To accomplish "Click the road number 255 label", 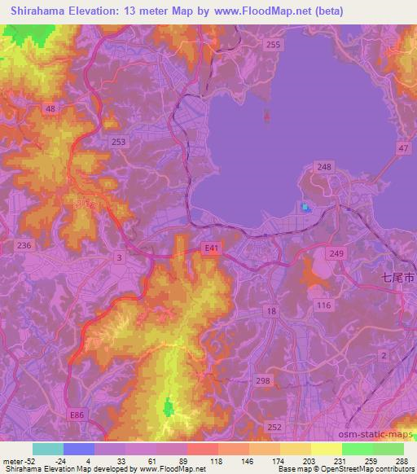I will point(274,44).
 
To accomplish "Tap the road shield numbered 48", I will point(50,108).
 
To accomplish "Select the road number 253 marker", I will point(120,142).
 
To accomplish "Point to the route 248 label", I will point(326,166).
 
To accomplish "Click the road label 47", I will point(403,147).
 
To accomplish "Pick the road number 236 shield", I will point(24,245).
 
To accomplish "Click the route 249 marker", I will point(361,255).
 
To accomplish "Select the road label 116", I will point(324,304).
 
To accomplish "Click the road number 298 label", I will point(261,381).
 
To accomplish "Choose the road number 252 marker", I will point(274,426).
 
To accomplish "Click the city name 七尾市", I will point(398,278).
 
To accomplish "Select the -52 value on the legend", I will point(31,461).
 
